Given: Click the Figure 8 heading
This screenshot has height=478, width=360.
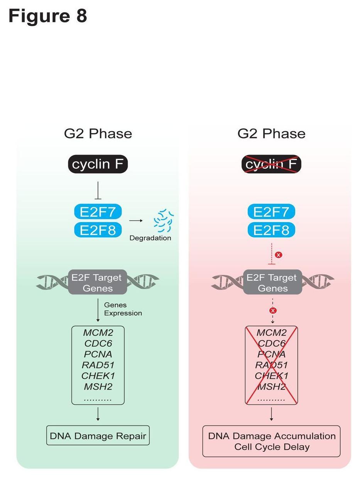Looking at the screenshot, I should (48, 16).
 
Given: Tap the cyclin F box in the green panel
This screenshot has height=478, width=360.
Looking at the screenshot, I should (98, 164).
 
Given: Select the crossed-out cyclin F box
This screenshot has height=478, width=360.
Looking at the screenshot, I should (271, 164).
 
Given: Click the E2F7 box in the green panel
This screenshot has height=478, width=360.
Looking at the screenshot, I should (98, 212).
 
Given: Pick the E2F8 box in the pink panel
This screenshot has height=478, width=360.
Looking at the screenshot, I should (271, 230).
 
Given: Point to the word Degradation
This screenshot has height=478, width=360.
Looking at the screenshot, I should (150, 238).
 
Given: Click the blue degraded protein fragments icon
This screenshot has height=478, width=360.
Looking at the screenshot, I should (163, 220).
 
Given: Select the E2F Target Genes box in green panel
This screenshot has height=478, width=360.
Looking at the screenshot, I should (98, 283).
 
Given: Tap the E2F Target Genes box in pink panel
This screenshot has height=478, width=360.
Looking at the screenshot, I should (272, 283).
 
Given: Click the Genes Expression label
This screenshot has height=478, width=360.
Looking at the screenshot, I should (123, 309).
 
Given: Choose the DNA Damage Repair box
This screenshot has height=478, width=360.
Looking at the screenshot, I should (98, 436).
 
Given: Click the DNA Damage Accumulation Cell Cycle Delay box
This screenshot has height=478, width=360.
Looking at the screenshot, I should (272, 441).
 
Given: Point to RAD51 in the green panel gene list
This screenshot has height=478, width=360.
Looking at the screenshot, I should (98, 365).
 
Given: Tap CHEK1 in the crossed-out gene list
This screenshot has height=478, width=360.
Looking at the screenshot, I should (272, 375).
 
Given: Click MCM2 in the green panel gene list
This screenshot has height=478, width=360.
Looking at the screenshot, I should (98, 332).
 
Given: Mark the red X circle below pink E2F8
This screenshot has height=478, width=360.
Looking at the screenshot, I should (279, 255).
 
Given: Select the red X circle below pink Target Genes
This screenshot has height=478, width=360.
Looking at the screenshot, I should (273, 311).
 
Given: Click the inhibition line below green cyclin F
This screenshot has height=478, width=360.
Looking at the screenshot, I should (98, 190).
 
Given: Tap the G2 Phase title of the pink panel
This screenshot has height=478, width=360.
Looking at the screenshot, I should (271, 134).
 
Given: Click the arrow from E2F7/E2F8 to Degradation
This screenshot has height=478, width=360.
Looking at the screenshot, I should (136, 220).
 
